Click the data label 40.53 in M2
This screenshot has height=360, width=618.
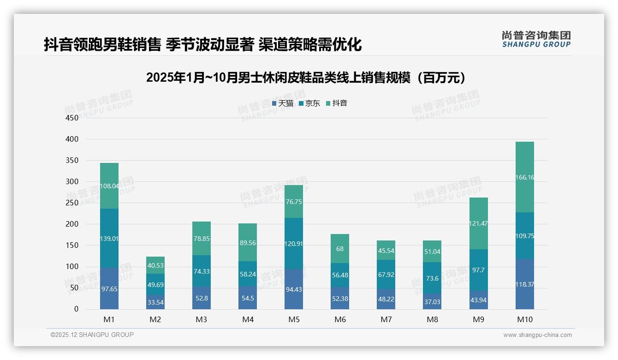pyautogui.click(x=155, y=265)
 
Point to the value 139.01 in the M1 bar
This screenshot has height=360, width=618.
pyautogui.click(x=109, y=239)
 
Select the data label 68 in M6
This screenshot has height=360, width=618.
pyautogui.click(x=340, y=249)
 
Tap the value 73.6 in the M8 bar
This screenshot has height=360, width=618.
pyautogui.click(x=432, y=278)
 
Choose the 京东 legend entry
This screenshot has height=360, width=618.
pyautogui.click(x=309, y=103)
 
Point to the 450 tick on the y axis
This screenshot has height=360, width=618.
pyautogui.click(x=72, y=118)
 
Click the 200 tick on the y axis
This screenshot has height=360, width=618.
pyautogui.click(x=72, y=224)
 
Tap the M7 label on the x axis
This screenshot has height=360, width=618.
pyautogui.click(x=386, y=319)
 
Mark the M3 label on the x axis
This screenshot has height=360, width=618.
pyautogui.click(x=202, y=319)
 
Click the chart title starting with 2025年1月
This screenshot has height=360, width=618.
pyautogui.click(x=309, y=78)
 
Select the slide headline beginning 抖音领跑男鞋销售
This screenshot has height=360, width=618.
pyautogui.click(x=203, y=44)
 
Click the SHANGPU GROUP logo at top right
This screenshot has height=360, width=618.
pyautogui.click(x=536, y=39)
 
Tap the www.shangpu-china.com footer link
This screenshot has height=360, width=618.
pyautogui.click(x=537, y=335)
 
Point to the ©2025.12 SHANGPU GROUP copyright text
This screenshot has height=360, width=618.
pyautogui.click(x=92, y=335)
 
